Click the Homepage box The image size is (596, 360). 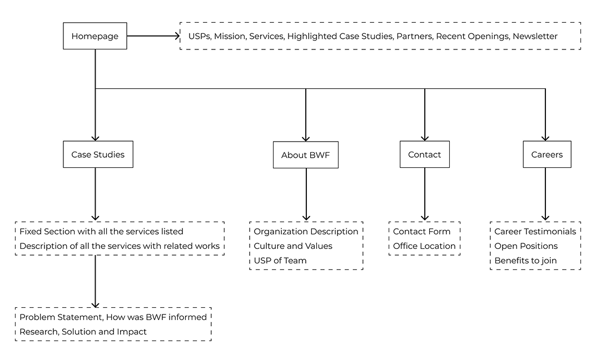(x=95, y=36)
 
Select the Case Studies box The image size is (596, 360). (x=98, y=154)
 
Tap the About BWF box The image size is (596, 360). (x=305, y=155)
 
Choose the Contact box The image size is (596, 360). (x=424, y=154)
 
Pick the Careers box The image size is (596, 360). (x=547, y=154)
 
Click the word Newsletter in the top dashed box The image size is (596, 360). (x=535, y=36)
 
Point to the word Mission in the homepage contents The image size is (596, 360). (x=229, y=36)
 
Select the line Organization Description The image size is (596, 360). (x=306, y=231)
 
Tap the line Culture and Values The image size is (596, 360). (x=293, y=246)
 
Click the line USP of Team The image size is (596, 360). (x=280, y=260)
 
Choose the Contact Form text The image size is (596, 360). (x=421, y=231)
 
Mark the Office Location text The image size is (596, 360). (x=424, y=246)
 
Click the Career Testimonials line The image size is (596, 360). (x=535, y=231)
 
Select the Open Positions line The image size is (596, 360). (x=526, y=246)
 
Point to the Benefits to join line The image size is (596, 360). (x=525, y=260)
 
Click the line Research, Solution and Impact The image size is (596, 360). (x=83, y=332)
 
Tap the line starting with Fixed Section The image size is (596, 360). (x=101, y=231)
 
